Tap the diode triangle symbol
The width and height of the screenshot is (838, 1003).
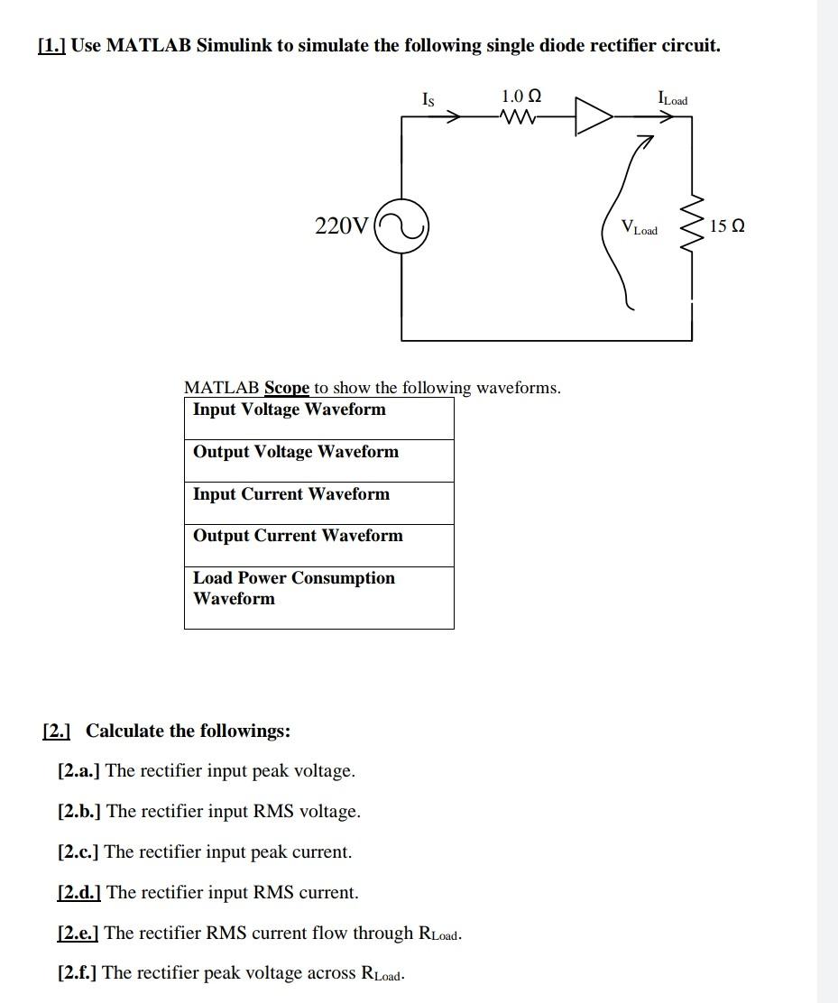pos(594,116)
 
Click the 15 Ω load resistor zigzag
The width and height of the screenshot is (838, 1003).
pos(693,225)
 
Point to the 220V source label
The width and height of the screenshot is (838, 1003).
pos(342,225)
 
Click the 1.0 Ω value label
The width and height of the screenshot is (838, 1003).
pos(521,97)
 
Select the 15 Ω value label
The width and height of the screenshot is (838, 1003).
pos(727,225)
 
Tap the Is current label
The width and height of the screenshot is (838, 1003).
pos(428,99)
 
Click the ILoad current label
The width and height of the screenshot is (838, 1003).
pos(673,98)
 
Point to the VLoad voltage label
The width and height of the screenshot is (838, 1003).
pos(640,227)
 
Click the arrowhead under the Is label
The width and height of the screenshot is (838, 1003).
pos(453,117)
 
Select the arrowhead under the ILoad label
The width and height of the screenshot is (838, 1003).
pos(666,117)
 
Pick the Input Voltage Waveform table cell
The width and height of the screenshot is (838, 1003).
pos(319,419)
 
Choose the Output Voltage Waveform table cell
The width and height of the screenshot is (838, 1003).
pos(319,461)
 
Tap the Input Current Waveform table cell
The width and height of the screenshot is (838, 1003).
pos(319,502)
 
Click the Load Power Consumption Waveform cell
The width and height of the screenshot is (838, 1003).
pos(319,598)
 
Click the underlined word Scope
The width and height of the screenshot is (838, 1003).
pos(287,388)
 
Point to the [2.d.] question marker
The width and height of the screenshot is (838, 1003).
pos(79,892)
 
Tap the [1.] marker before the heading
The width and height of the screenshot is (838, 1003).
pos(51,46)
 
